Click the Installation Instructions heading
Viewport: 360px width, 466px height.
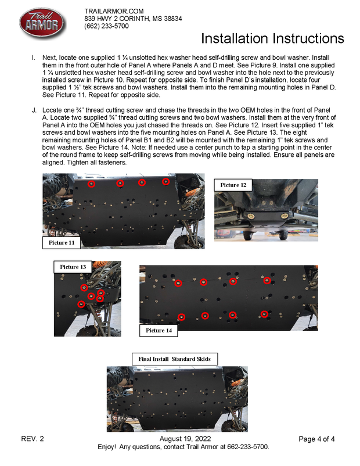tap(272, 38)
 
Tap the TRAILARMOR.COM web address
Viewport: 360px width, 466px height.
tap(114, 12)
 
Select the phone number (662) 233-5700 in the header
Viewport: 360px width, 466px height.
tap(107, 26)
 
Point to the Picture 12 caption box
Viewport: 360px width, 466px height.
tap(233, 185)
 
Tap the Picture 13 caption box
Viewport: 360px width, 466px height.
tap(73, 267)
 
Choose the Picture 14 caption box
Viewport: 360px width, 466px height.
tap(159, 331)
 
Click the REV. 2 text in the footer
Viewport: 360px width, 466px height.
tap(33, 439)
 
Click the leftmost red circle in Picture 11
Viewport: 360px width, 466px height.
tap(91, 184)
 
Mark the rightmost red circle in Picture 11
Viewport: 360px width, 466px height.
tap(165, 182)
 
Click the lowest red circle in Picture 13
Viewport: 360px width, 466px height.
tap(81, 304)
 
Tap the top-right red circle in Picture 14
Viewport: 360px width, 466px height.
tap(267, 281)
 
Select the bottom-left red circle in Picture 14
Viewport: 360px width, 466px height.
tap(182, 317)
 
